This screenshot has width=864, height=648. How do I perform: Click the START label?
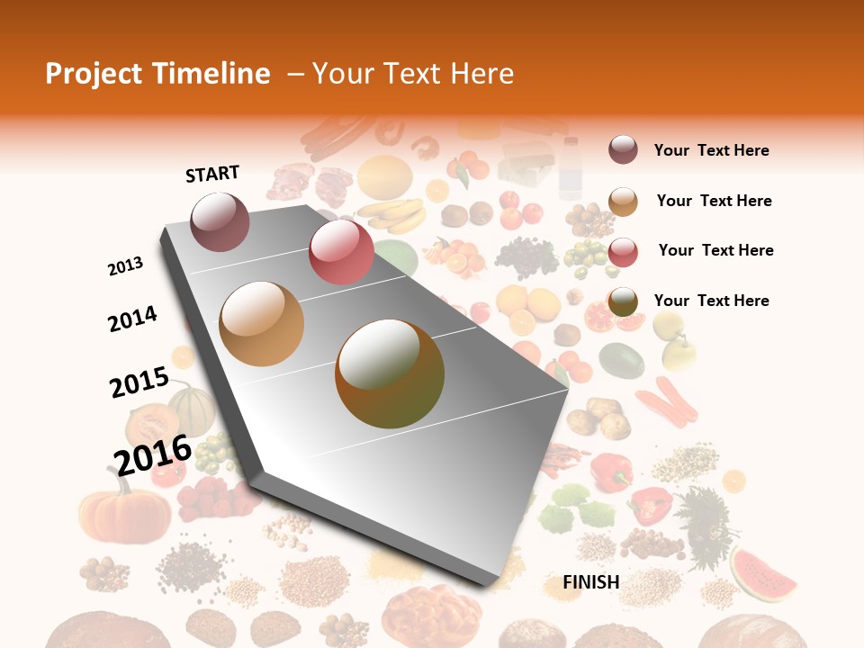[x=212, y=174]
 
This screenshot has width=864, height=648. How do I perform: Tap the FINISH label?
[x=590, y=582]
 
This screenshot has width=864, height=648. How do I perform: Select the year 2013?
[x=126, y=266]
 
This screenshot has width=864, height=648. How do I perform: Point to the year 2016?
[x=153, y=454]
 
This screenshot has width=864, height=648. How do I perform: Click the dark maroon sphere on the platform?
[x=220, y=221]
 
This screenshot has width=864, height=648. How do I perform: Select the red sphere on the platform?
[x=341, y=251]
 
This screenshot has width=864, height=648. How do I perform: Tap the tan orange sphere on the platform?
[x=262, y=324]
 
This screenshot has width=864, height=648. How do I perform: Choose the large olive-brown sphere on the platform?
[x=390, y=373]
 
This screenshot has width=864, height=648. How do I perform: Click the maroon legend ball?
[x=623, y=149]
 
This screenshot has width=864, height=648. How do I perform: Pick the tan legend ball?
[x=623, y=201]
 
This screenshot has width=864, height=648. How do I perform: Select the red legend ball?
[x=623, y=251]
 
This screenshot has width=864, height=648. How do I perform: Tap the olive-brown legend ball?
[x=623, y=301]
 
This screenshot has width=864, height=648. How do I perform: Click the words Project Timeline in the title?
[x=157, y=74]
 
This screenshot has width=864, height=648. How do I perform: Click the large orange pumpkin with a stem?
[x=124, y=513]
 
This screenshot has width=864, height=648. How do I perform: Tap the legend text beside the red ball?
[x=715, y=250]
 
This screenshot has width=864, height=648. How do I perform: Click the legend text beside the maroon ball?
[x=711, y=150]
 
